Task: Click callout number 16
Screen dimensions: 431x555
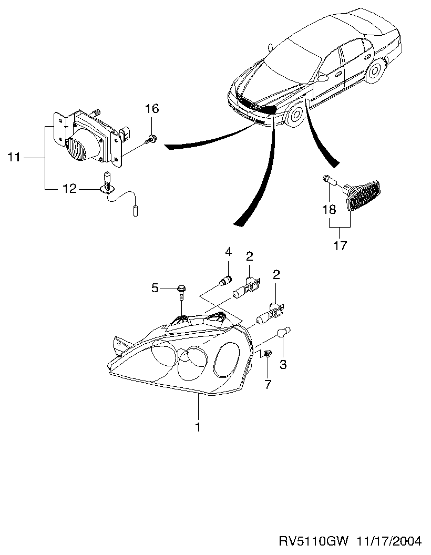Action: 152,109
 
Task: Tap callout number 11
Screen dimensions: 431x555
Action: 14,157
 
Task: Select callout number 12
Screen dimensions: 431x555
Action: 69,189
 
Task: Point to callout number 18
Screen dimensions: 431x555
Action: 329,210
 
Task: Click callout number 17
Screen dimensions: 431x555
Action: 340,245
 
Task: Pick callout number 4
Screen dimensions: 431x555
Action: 228,252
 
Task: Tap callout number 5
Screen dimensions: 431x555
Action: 155,288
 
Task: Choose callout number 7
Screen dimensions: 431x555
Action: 268,384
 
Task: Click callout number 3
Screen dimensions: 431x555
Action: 283,364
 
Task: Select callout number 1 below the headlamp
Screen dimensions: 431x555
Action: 198,427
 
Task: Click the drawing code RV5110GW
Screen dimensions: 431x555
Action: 314,541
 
